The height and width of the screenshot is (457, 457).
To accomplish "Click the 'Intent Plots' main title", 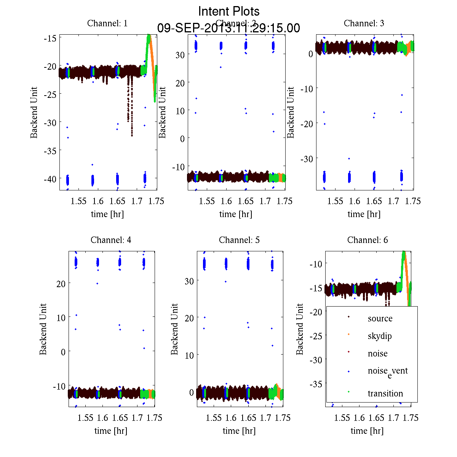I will [229, 11].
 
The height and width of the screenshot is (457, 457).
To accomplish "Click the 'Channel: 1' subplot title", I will [107, 23].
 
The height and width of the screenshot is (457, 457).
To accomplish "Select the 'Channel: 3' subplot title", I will [364, 23].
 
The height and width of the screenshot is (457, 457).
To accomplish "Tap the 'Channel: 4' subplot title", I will [111, 240].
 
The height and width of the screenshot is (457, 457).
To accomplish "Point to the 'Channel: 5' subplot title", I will [239, 240].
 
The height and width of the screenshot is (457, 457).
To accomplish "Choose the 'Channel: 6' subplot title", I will [368, 240].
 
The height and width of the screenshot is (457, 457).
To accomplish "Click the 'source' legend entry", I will [380, 318].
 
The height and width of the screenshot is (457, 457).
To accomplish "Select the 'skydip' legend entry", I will [379, 336].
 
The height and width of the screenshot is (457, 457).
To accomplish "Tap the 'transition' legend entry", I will [385, 393].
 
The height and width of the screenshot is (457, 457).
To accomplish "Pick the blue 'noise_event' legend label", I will [387, 372].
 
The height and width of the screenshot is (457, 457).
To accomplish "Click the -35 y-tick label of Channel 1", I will [50, 151].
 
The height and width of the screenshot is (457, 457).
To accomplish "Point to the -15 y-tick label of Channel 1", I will [50, 38].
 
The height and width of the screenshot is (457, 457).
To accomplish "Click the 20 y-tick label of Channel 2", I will [180, 83].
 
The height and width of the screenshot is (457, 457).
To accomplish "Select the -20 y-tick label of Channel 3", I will [307, 123].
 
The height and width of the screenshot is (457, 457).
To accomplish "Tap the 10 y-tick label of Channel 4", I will [61, 317].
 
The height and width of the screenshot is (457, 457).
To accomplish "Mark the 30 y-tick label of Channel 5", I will [189, 281].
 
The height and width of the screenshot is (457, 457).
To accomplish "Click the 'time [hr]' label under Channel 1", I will [107, 214].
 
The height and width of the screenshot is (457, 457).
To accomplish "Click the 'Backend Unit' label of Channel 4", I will [43, 329].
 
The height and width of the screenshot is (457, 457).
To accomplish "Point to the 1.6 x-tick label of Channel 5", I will [231, 418].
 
